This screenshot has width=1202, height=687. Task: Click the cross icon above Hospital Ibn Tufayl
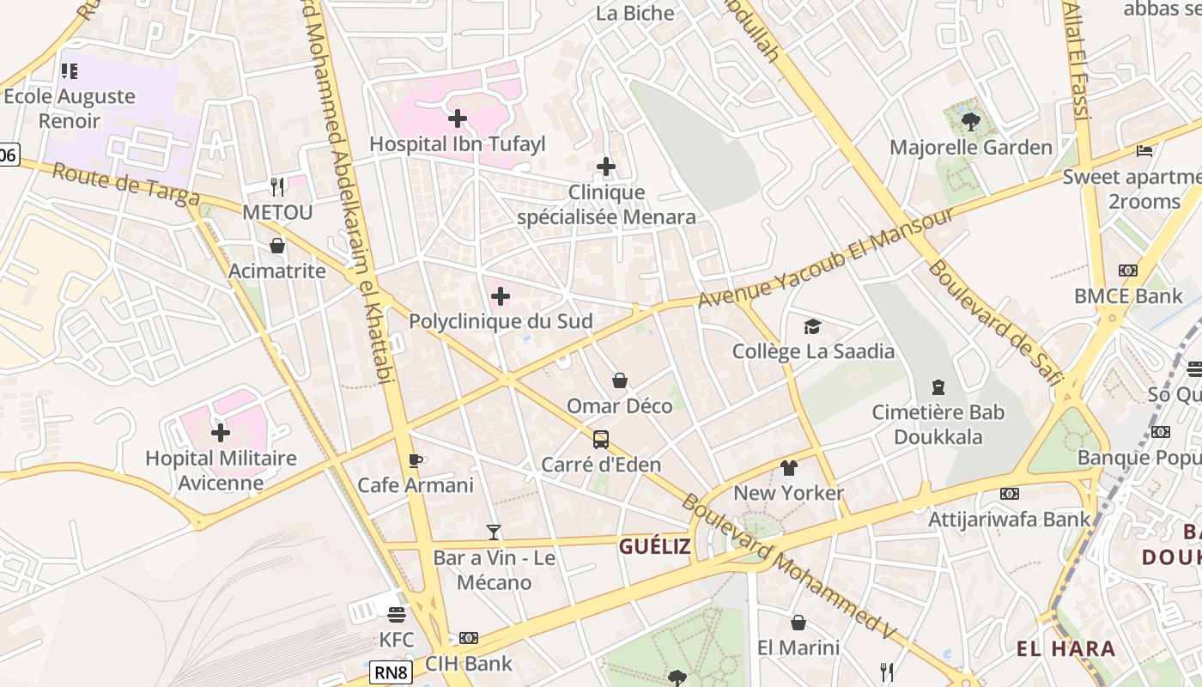point(458,119)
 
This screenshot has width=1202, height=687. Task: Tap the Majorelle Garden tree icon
point(971,121)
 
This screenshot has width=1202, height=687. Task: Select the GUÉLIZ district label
point(655,546)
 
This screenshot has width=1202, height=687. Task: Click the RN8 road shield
point(391,672)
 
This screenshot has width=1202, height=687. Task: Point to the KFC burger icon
point(396,615)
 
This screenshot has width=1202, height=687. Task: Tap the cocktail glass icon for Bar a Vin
point(494,532)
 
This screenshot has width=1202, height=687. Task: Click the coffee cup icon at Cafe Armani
point(416,460)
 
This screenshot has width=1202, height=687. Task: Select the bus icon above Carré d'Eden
point(601,440)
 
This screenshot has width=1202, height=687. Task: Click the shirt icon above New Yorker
point(789,468)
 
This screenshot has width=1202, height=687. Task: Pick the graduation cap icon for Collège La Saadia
point(812,326)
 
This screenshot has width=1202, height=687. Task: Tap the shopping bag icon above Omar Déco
point(620,380)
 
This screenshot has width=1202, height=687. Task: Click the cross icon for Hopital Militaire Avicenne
point(221,433)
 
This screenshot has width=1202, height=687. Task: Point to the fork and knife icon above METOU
point(277,185)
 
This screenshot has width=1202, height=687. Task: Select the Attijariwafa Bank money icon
point(1010,494)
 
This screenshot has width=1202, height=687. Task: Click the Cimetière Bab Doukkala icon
point(938,387)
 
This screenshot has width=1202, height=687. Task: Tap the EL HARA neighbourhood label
point(1066,648)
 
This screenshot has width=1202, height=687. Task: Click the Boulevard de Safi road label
point(996,322)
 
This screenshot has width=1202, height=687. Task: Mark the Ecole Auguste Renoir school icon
point(70,71)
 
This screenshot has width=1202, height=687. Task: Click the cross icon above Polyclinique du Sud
point(501,297)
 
